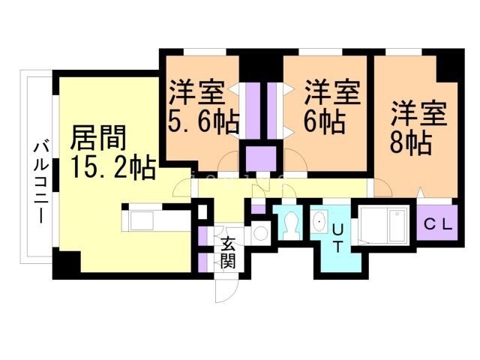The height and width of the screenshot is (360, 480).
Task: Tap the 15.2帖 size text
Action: coord(112,166)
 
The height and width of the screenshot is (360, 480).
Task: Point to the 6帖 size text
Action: coord(325,120)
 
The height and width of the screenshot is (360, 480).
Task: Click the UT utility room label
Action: coord(337,238)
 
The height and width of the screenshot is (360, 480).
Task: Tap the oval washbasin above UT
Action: coord(319,220)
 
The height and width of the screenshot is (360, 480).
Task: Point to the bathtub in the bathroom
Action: coord(382,223)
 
